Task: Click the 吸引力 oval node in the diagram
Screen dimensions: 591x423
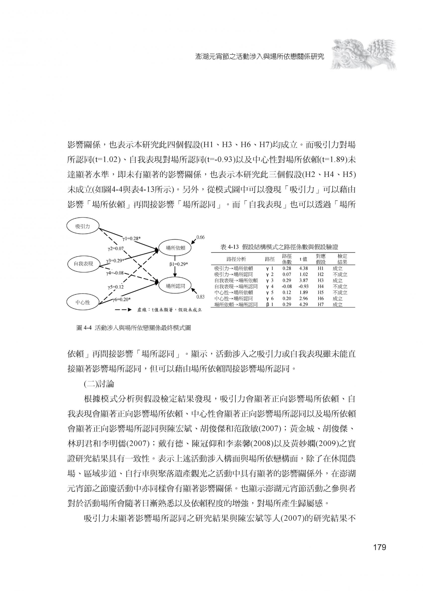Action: point(82,226)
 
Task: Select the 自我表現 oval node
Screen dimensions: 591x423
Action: point(83,264)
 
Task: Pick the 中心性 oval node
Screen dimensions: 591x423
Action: point(83,302)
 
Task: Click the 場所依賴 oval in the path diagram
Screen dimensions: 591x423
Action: point(175,248)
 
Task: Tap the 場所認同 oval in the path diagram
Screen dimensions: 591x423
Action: point(175,286)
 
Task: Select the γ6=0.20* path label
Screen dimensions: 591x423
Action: point(121,299)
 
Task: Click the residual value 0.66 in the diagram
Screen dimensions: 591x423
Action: point(200,237)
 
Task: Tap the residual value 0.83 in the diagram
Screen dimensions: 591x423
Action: point(200,297)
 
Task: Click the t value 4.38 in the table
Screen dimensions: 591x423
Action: point(303,268)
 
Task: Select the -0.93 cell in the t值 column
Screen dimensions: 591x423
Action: point(303,286)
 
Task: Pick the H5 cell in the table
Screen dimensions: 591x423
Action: point(320,292)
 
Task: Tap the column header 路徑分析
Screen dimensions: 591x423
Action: point(236,259)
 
